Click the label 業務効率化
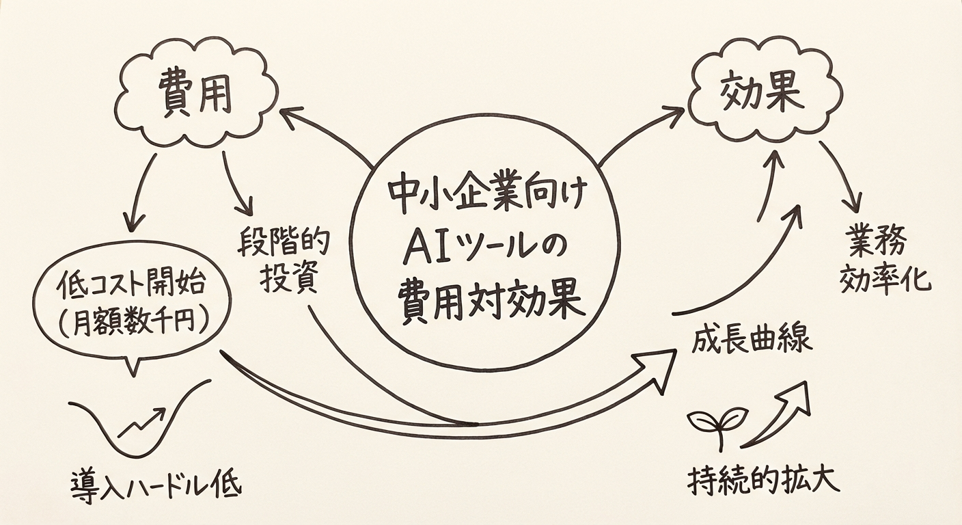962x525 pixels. (x=886, y=260)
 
